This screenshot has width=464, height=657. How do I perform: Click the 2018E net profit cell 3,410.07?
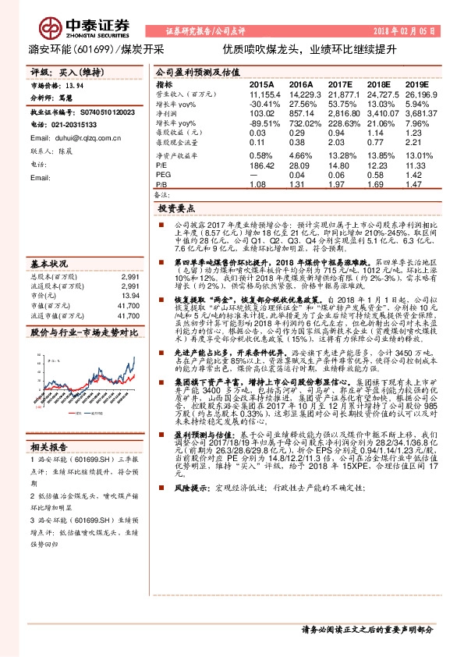[x=381, y=112]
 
